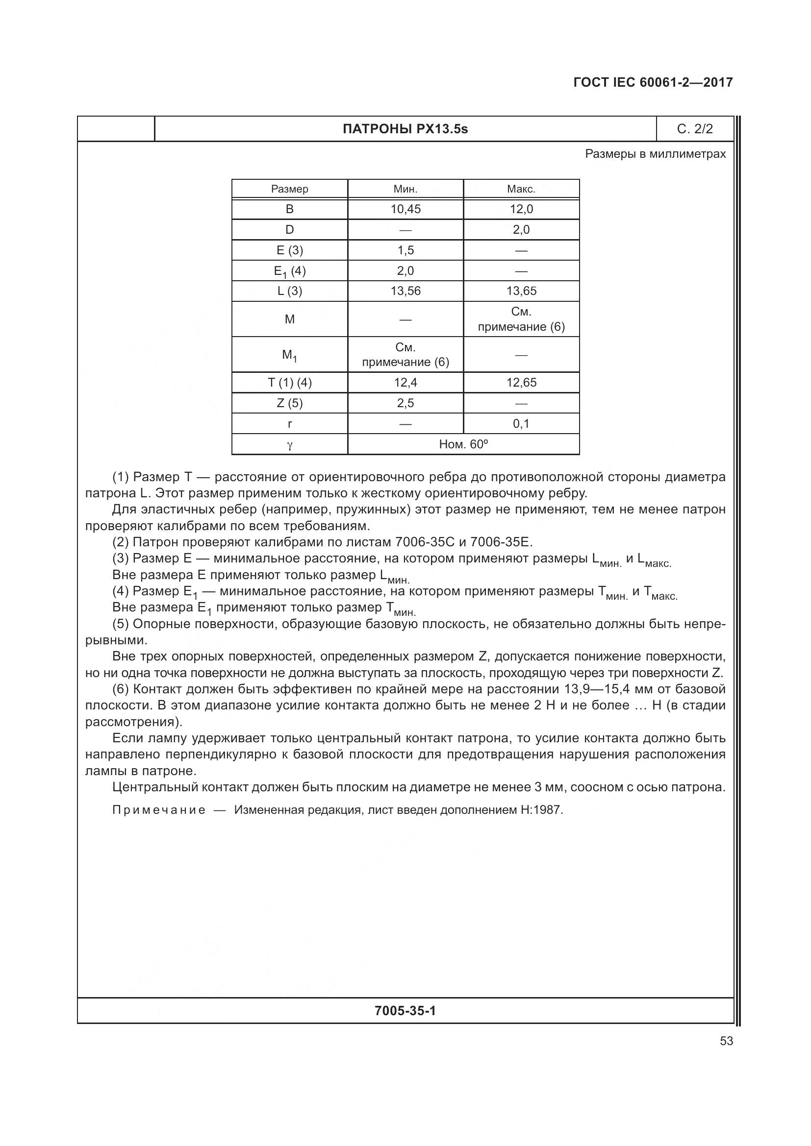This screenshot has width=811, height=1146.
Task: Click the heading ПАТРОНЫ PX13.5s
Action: pos(405,129)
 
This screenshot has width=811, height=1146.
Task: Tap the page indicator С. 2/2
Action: pos(695,129)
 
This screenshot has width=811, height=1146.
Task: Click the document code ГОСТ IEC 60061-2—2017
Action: pos(653,82)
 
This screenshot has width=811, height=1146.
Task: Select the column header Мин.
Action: pos(405,189)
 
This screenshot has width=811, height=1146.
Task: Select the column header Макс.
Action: pos(521,189)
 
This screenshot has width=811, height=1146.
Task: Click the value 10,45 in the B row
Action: pos(405,209)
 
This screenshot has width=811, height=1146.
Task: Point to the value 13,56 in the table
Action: pos(405,291)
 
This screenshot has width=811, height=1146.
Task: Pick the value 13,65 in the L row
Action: pos(521,291)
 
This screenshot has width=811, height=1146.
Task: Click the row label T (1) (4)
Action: pos(290,383)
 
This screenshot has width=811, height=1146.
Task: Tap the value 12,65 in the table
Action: pos(521,383)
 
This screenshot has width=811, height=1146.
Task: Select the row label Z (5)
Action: pos(290,403)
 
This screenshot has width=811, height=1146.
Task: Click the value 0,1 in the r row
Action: pos(521,424)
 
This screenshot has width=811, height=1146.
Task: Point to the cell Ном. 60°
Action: pos(463,444)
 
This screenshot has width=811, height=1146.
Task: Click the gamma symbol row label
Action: pos(290,445)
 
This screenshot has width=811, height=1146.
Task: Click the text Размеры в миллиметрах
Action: pos(655,154)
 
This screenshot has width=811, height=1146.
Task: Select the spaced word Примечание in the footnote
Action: pos(159,810)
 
